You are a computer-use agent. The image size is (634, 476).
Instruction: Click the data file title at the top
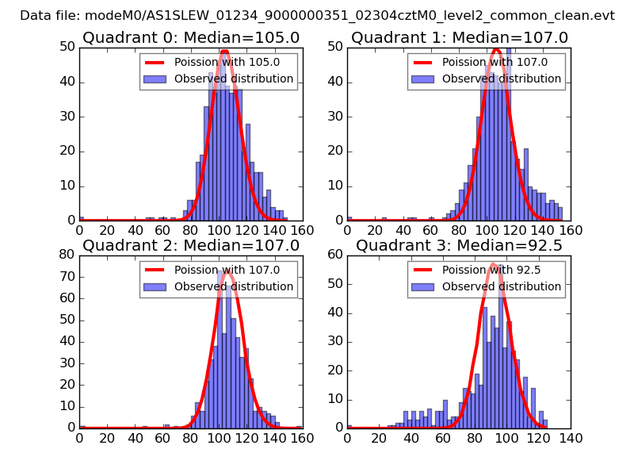click(x=317, y=16)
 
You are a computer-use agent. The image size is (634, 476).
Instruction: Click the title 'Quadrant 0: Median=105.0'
click(x=191, y=38)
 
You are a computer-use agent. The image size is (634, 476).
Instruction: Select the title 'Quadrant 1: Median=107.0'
click(x=460, y=38)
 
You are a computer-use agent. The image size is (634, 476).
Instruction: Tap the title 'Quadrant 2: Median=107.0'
click(x=191, y=246)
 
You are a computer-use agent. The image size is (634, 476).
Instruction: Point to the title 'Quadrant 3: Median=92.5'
click(x=460, y=246)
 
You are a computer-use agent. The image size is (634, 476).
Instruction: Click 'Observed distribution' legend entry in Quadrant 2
click(x=234, y=286)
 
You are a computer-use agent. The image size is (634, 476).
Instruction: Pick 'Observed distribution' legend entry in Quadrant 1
click(x=502, y=79)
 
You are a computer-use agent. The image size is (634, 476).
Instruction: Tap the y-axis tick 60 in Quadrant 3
click(x=336, y=255)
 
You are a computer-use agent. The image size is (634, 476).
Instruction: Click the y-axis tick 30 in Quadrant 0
click(x=68, y=116)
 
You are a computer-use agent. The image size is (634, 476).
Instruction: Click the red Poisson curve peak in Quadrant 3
click(x=493, y=264)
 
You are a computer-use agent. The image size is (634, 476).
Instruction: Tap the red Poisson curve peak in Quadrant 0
click(x=225, y=51)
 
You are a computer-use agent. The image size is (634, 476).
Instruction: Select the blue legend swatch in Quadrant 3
click(x=422, y=286)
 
